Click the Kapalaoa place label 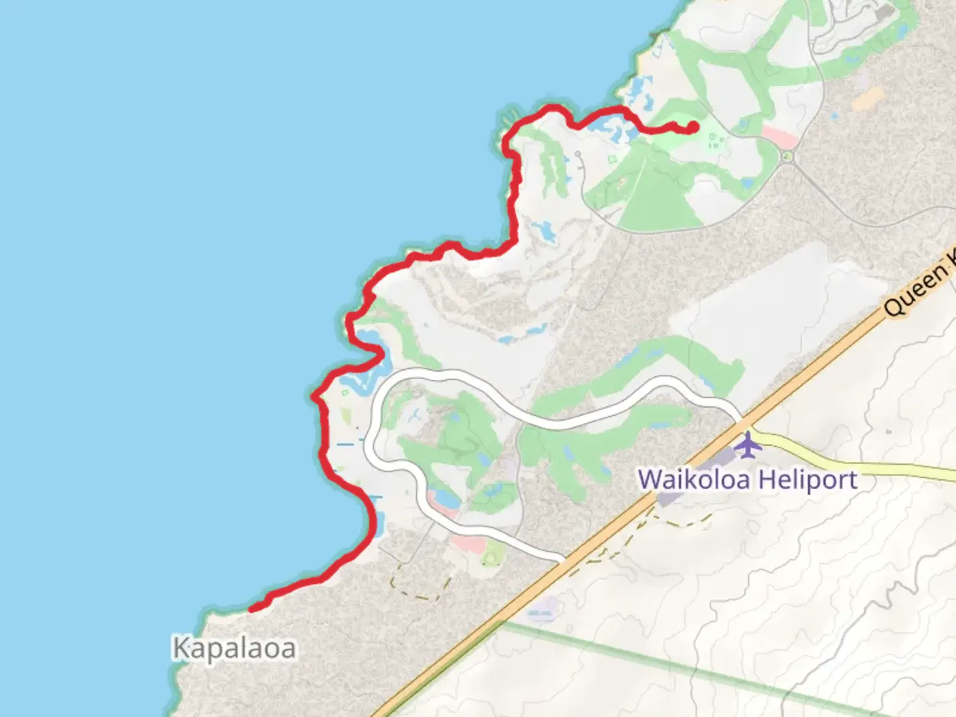click(x=234, y=649)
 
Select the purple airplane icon click(x=748, y=444)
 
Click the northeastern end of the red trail click(x=692, y=127)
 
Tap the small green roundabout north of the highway click(x=787, y=157)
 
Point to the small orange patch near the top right click(x=867, y=100)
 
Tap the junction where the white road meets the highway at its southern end click(x=563, y=559)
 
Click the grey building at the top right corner click(x=884, y=13)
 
